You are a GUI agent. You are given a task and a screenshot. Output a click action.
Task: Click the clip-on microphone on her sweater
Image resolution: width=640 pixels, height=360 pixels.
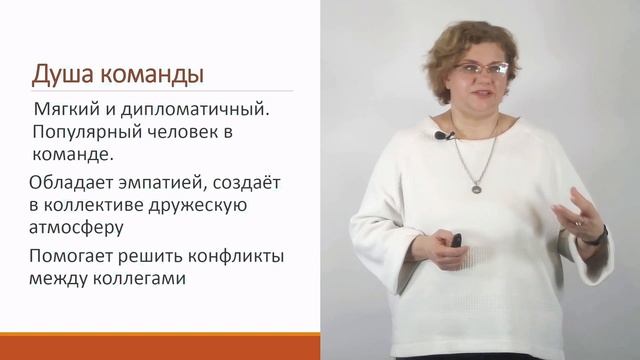point(439,135)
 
